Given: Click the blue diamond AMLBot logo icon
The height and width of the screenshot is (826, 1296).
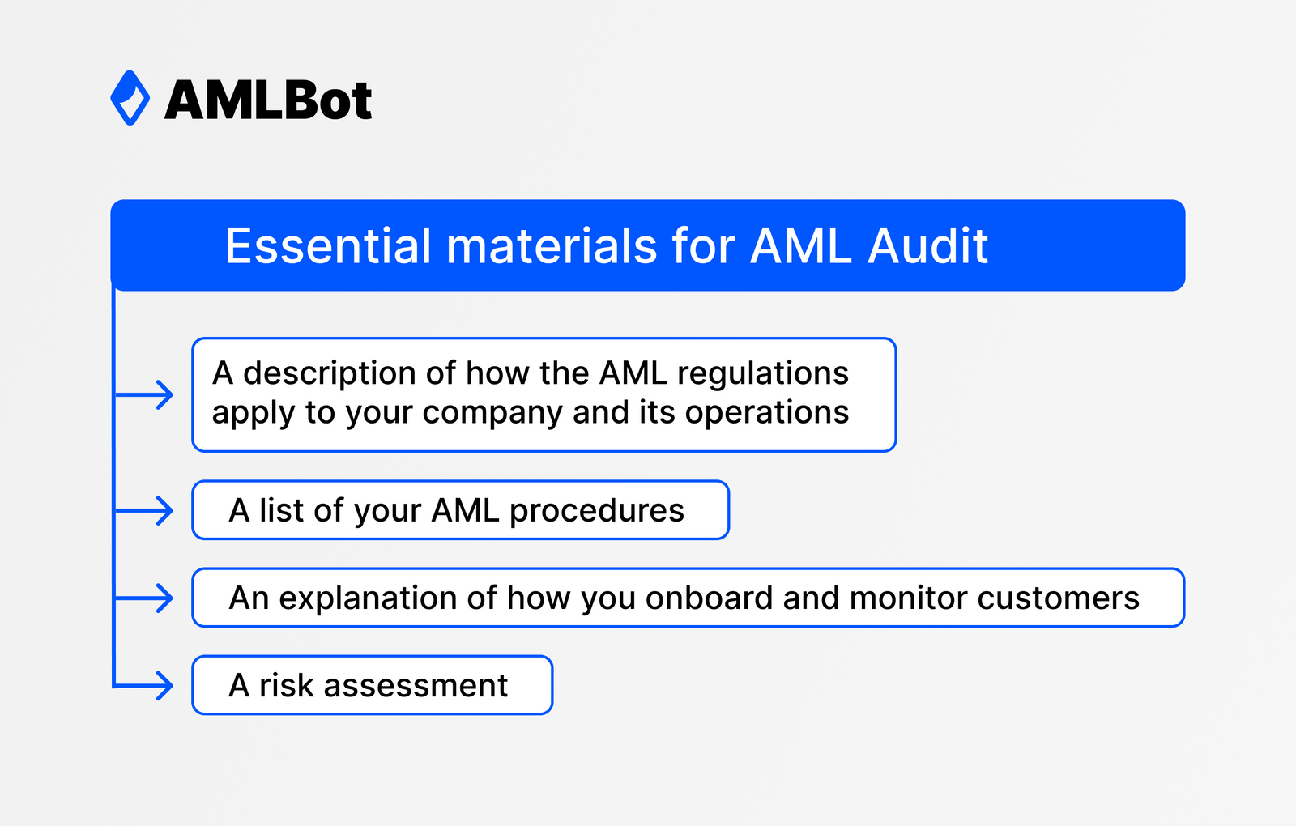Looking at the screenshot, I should click(130, 98).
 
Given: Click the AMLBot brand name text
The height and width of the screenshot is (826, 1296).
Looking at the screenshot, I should click(268, 100).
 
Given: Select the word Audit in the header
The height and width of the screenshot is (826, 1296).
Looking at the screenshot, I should click(927, 245).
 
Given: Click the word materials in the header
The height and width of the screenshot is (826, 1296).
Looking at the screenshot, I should click(551, 245).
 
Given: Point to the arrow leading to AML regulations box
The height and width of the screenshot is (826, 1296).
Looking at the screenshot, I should click(146, 394).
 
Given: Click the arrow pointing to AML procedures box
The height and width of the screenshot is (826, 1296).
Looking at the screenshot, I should click(146, 510).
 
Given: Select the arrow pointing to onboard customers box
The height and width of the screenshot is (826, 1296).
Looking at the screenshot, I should click(146, 598).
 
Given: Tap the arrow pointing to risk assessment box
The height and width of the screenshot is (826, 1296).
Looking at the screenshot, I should click(146, 685).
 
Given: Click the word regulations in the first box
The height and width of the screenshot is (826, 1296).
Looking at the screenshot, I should click(762, 373).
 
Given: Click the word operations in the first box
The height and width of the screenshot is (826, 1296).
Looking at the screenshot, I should click(766, 413).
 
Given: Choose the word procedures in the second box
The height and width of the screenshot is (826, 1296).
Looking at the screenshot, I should click(596, 511).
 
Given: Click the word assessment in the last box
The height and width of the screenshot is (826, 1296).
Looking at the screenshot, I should click(416, 686).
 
